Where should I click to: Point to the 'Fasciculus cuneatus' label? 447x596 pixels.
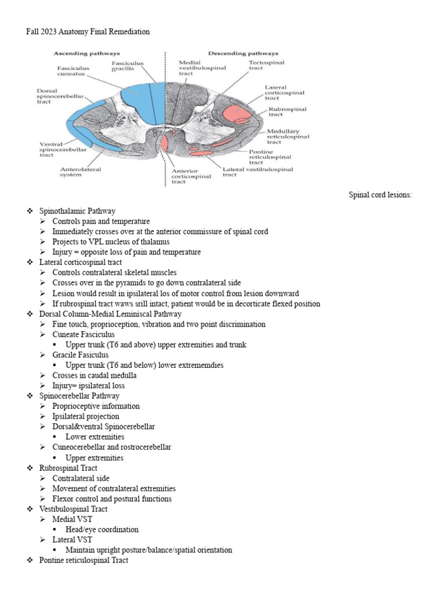tap(73, 72)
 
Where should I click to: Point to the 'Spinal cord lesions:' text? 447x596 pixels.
tap(380, 195)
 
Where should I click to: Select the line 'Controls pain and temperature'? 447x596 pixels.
tap(101, 222)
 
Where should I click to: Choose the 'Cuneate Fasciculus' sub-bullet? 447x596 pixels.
tap(83, 335)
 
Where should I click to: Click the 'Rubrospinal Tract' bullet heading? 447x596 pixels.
tap(68, 468)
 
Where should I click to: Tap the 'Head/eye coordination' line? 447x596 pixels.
tap(102, 530)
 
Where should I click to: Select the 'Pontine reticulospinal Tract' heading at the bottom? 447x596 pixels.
tap(84, 560)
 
